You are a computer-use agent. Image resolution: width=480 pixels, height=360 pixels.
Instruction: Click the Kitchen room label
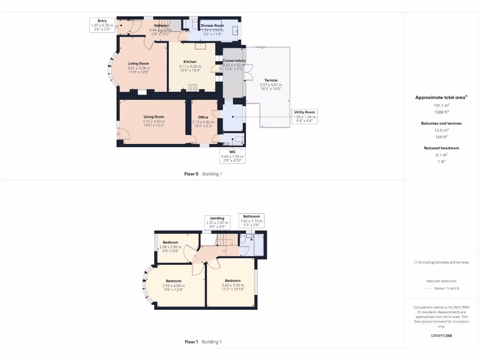click(x=190, y=62)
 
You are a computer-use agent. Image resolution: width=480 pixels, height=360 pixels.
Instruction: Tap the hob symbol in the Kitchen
click(x=192, y=87)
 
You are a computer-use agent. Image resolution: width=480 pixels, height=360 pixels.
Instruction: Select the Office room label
click(x=202, y=117)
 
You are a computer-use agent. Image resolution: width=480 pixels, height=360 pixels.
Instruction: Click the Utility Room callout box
click(x=305, y=117)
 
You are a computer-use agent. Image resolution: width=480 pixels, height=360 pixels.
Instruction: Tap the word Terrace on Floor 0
click(x=270, y=80)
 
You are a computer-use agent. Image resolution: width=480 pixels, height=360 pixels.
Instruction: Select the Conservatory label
click(x=234, y=60)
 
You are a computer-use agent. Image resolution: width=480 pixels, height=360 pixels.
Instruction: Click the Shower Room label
click(x=212, y=25)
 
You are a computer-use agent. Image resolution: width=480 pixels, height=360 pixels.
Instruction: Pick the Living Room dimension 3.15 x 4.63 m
click(x=154, y=121)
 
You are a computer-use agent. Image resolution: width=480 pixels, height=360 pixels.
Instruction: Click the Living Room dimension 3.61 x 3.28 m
click(x=138, y=68)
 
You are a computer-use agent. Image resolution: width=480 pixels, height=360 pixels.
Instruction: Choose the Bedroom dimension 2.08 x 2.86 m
click(x=170, y=247)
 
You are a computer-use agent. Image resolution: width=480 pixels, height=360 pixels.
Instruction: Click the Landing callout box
click(x=217, y=222)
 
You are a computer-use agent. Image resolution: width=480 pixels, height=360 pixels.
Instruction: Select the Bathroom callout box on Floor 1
click(x=251, y=221)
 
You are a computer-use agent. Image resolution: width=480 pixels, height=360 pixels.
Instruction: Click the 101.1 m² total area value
click(x=440, y=105)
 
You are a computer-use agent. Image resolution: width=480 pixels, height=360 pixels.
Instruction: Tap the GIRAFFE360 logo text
click(x=441, y=336)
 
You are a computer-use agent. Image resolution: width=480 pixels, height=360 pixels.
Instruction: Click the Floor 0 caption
click(x=191, y=174)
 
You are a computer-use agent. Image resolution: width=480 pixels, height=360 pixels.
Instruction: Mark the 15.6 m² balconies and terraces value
click(x=440, y=130)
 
